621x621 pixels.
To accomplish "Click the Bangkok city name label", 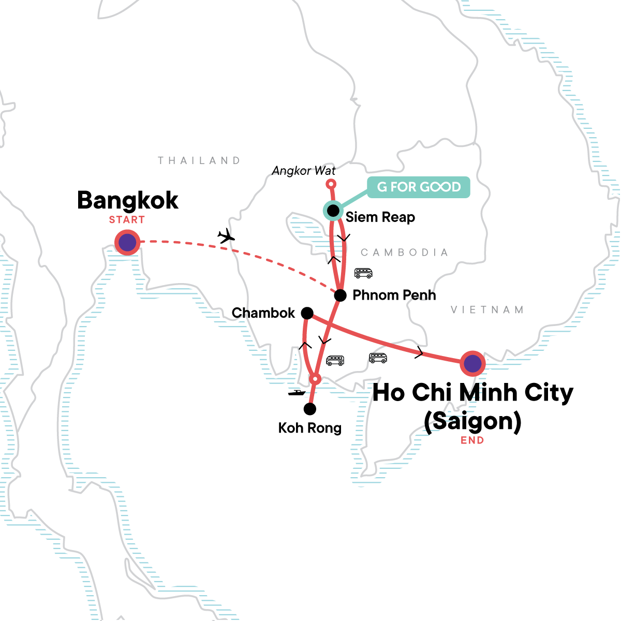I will coord(127,201).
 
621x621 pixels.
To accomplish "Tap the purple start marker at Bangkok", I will coord(127,242).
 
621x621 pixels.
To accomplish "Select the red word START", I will coord(127,220).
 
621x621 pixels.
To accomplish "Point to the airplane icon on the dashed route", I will coord(226,236).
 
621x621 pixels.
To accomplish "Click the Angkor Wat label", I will coord(304,171).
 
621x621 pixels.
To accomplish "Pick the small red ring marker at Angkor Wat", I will coord(331,184).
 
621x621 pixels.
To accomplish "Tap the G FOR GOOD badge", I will coord(419,187).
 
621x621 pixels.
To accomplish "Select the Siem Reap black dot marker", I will coord(333,211).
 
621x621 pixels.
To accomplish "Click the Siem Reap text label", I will coord(380,217).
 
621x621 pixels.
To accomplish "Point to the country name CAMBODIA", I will coord(404,253).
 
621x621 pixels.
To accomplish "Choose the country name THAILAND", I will coord(199,160).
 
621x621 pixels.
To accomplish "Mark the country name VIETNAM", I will coord(487,310).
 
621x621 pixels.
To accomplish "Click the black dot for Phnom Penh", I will coord(340,295).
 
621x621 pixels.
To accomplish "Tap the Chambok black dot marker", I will coord(307,313).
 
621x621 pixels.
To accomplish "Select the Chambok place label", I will coord(263,313).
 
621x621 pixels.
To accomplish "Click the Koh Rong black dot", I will coord(309,409).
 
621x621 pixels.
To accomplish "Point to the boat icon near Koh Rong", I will coord(297,393).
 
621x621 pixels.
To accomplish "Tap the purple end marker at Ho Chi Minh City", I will coord(472,364).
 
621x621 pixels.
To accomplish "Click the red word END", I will coord(472,440).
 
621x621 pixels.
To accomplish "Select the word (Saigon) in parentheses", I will coord(472,421).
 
